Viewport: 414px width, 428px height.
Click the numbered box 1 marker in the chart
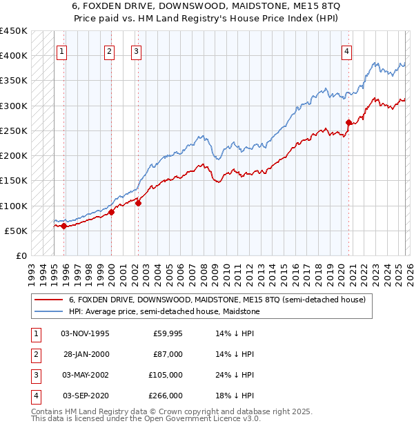(62, 50)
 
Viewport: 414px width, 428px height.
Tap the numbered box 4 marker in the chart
(347, 50)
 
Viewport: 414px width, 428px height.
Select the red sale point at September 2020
(348, 123)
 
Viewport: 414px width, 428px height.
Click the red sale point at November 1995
(63, 226)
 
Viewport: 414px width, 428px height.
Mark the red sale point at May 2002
(138, 203)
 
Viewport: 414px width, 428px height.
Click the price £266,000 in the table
(166, 396)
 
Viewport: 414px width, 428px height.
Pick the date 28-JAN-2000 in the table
(86, 354)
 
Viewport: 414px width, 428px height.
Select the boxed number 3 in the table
(34, 375)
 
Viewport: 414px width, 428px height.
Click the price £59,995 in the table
(166, 333)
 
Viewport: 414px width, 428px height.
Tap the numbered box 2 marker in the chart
(110, 50)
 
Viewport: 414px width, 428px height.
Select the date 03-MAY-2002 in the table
(86, 375)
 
